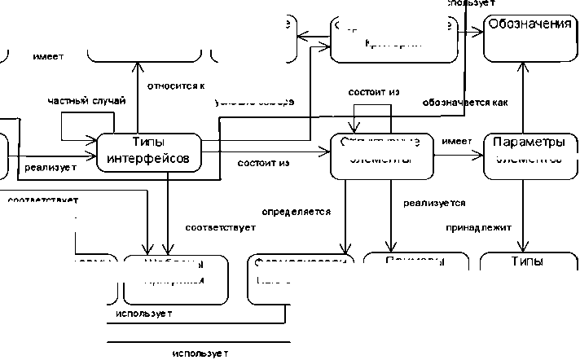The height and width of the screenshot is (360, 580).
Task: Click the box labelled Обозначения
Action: [529, 37]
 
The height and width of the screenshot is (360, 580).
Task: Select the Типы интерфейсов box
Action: [149, 151]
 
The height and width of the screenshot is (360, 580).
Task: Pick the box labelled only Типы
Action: [528, 265]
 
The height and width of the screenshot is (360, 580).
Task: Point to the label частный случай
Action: [86, 100]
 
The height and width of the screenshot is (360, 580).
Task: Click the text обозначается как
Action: [465, 103]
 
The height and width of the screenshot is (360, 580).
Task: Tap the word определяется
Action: [296, 212]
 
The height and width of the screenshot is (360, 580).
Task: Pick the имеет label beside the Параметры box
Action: [457, 142]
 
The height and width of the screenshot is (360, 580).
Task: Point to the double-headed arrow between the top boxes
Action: [312, 37]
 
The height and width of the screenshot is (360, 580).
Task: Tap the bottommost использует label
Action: [199, 353]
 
